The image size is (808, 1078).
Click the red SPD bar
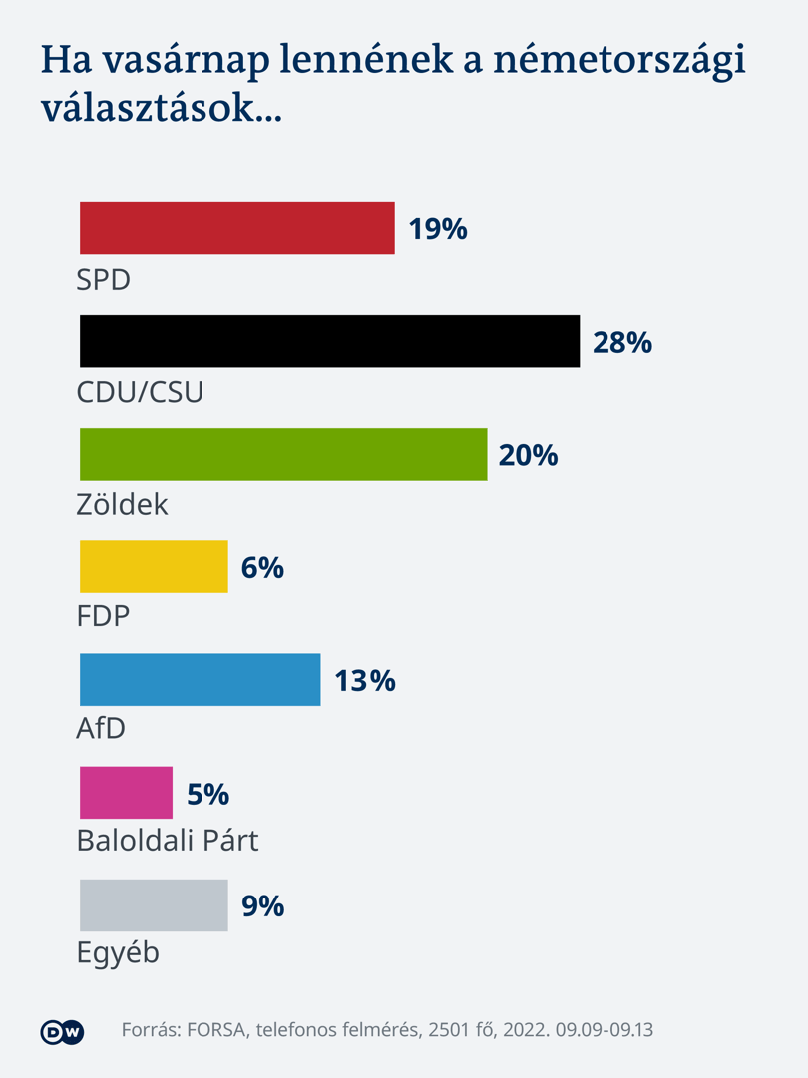point(237,228)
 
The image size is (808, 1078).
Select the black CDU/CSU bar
point(329,341)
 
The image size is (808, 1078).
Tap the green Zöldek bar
point(283,454)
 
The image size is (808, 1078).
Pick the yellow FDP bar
point(154,566)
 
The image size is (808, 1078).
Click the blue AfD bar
point(201,679)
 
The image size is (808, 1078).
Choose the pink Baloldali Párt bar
point(126,792)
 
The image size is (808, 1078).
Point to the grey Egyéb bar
point(154,904)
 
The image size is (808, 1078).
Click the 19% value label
point(438,229)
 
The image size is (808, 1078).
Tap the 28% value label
point(622,342)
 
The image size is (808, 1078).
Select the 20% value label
point(528,455)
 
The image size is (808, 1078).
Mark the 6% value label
point(262,567)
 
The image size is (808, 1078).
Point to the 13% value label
point(365,681)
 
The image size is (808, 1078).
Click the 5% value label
point(208,794)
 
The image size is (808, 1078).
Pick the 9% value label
point(262,906)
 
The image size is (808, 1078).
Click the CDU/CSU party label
point(141,392)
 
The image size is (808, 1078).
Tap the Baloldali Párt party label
point(168,840)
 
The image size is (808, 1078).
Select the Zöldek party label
point(122,504)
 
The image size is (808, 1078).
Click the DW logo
point(62,1032)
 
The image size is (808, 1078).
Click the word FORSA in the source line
point(216,1030)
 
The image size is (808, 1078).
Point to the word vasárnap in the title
point(187,61)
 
